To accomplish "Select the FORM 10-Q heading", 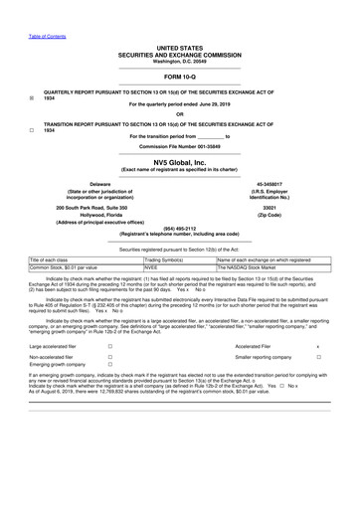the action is [180, 48].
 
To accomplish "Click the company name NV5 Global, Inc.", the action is [180, 160].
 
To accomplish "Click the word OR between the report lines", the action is [180, 112].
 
